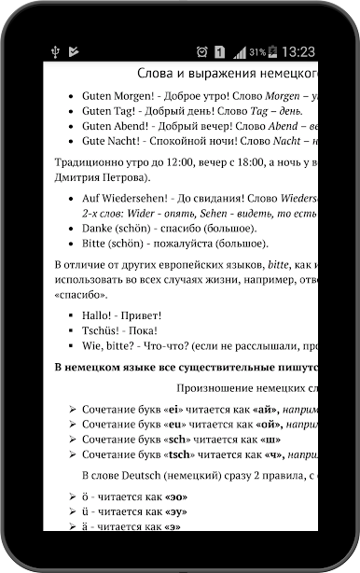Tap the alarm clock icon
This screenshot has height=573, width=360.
tap(201, 51)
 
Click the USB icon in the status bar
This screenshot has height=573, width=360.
tap(58, 51)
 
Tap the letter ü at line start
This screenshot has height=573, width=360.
tap(86, 511)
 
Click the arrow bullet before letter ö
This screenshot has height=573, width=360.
tap(72, 495)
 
